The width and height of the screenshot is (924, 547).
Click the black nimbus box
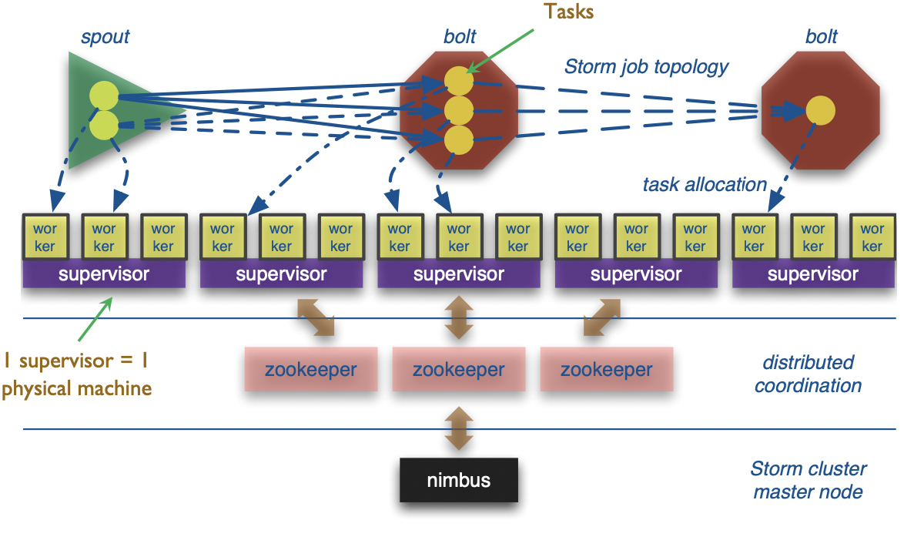click(x=459, y=480)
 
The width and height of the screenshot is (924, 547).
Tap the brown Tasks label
click(x=569, y=12)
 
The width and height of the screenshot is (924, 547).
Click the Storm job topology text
click(x=646, y=67)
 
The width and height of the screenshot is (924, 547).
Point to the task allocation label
click(x=705, y=185)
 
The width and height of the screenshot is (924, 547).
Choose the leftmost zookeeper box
click(x=310, y=369)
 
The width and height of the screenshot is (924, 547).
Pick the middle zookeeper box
click(x=458, y=369)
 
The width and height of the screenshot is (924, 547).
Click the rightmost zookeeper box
click(x=606, y=369)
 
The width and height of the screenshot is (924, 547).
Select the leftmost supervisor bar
click(x=104, y=274)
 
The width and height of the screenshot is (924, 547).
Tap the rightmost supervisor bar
click(x=813, y=274)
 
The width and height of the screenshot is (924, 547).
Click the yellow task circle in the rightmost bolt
click(x=821, y=111)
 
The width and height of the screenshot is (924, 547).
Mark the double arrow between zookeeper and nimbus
click(x=458, y=428)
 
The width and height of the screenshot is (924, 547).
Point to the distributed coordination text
click(x=808, y=374)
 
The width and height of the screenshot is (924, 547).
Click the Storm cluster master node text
click(x=808, y=480)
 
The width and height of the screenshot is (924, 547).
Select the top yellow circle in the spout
click(x=103, y=96)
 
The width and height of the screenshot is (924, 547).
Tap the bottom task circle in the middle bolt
click(x=458, y=140)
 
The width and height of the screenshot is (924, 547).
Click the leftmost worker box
click(x=45, y=237)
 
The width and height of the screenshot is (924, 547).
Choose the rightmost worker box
click(x=872, y=237)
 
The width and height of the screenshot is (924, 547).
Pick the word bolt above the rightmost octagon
click(x=821, y=36)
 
